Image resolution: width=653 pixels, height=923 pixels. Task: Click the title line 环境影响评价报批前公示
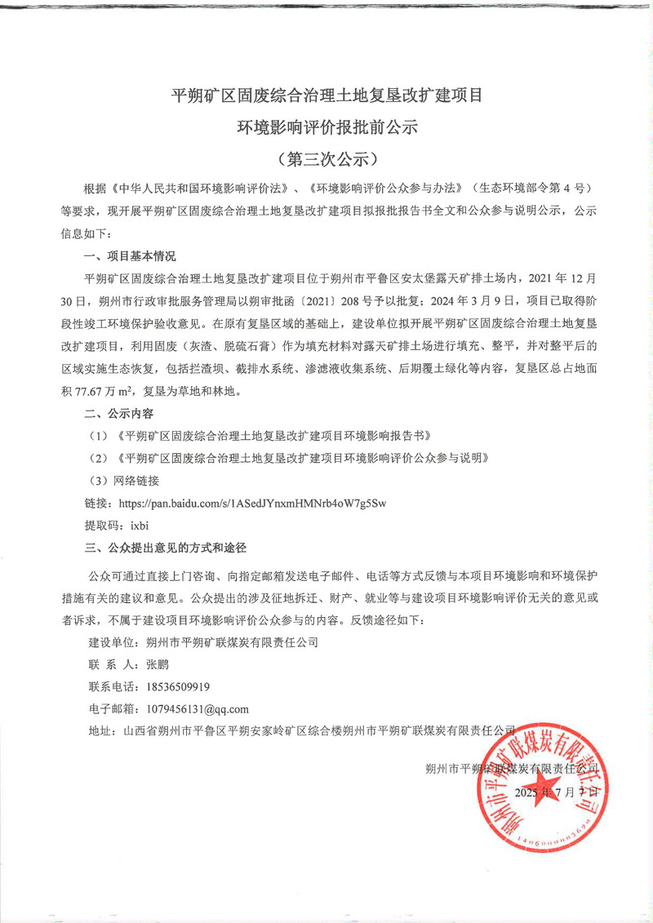(326, 127)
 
